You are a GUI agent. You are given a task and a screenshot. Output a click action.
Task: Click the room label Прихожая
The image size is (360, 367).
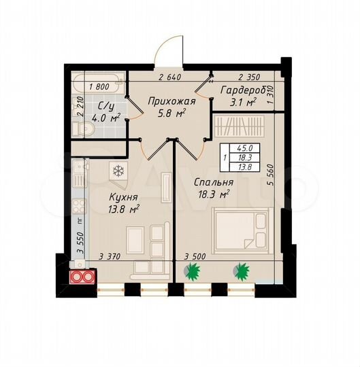tap(172, 102)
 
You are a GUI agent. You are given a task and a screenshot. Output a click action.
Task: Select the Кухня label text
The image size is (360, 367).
tap(123, 197)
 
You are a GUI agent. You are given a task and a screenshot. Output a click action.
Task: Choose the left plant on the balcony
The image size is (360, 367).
tap(193, 270)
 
